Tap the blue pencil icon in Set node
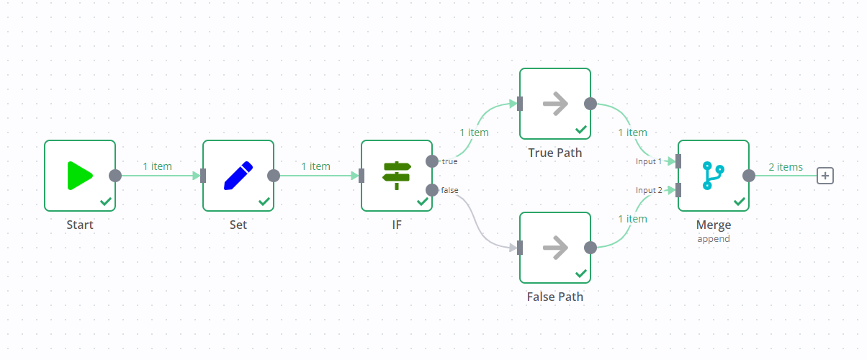(238, 176)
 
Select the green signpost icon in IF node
(397, 176)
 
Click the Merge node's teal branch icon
(714, 176)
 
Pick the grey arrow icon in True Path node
(555, 104)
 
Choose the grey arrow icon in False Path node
(555, 248)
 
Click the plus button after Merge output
(825, 176)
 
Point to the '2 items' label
(785, 167)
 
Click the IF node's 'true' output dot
(431, 161)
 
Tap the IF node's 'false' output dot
(431, 190)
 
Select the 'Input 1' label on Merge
(648, 161)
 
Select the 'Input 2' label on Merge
(648, 190)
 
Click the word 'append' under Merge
(714, 238)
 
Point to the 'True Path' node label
(555, 153)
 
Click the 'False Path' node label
(555, 297)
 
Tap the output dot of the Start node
(114, 176)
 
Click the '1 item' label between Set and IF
(315, 166)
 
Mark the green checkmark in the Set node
(264, 202)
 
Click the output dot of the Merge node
(748, 176)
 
